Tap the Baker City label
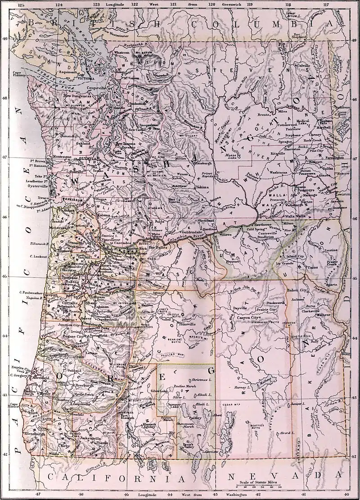click(297, 291)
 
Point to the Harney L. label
click(242, 387)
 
